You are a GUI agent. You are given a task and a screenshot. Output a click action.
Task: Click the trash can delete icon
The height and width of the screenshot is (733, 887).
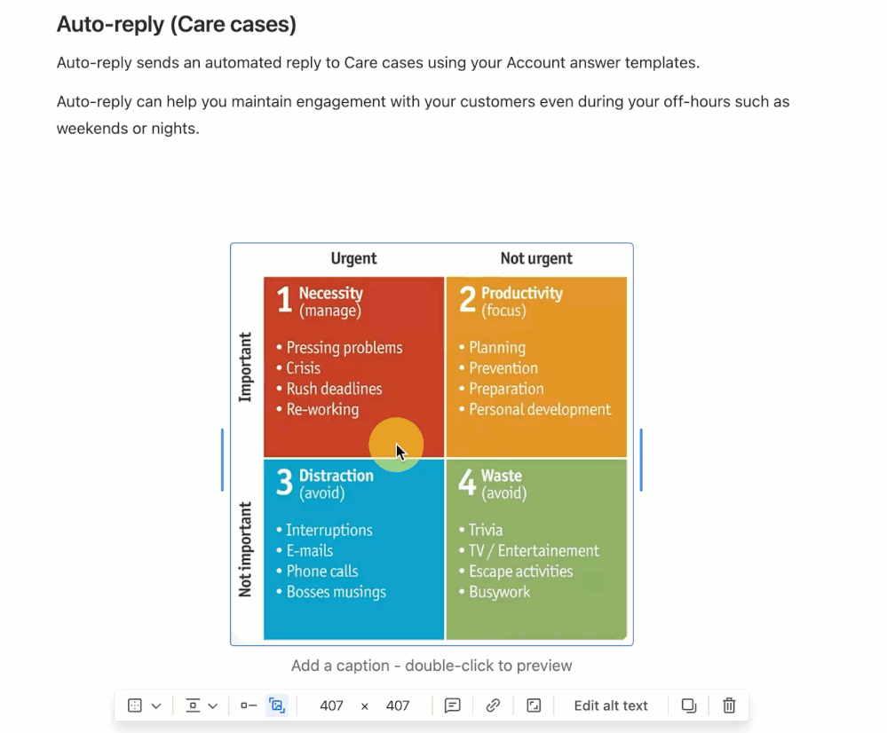pyautogui.click(x=729, y=705)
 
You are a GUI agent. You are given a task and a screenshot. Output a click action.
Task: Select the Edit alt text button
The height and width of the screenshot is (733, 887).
pyautogui.click(x=610, y=705)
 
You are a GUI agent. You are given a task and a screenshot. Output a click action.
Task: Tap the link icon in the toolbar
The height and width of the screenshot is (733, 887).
pyautogui.click(x=493, y=705)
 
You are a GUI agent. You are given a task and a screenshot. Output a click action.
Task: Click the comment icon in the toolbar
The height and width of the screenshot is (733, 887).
pyautogui.click(x=453, y=705)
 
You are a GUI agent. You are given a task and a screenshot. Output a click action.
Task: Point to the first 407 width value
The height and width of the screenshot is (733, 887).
pyautogui.click(x=331, y=705)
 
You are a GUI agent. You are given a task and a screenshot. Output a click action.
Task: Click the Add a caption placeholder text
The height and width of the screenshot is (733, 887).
pyautogui.click(x=432, y=666)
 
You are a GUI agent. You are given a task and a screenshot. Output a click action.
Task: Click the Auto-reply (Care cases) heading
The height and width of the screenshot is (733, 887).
pyautogui.click(x=177, y=24)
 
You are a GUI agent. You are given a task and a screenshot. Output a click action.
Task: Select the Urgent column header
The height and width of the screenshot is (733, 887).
pyautogui.click(x=353, y=258)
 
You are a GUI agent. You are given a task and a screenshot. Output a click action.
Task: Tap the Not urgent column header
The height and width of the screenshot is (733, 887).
pyautogui.click(x=536, y=258)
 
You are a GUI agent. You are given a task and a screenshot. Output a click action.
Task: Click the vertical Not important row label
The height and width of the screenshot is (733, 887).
pyautogui.click(x=245, y=549)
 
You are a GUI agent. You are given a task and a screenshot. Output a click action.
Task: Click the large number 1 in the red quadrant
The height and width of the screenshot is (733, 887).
pyautogui.click(x=284, y=299)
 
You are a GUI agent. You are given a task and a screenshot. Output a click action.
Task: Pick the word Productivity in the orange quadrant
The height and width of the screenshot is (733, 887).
pyautogui.click(x=521, y=293)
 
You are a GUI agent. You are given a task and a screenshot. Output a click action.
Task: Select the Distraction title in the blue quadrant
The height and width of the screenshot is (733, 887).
pyautogui.click(x=336, y=475)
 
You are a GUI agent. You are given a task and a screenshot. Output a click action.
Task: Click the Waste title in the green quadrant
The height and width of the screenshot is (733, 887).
pyautogui.click(x=501, y=475)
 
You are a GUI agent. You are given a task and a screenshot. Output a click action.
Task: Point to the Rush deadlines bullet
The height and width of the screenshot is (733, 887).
pyautogui.click(x=329, y=389)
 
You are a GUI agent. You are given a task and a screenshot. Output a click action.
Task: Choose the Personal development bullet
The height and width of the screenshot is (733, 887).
pyautogui.click(x=535, y=409)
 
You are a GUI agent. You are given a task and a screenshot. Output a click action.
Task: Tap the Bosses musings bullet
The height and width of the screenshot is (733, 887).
pyautogui.click(x=331, y=592)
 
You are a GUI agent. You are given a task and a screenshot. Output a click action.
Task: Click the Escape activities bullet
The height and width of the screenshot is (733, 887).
pyautogui.click(x=516, y=571)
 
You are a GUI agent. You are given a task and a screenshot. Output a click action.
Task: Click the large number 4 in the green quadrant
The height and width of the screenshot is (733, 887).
pyautogui.click(x=467, y=482)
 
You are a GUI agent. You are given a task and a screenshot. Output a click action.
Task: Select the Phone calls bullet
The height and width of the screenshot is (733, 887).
pyautogui.click(x=317, y=571)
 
